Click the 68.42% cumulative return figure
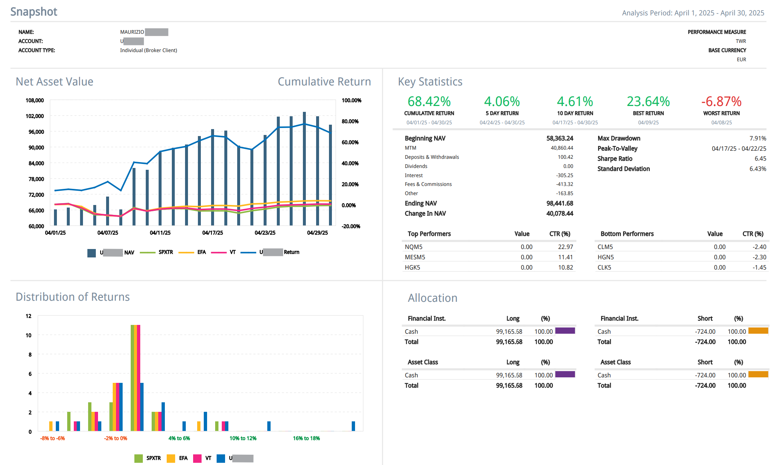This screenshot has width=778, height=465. pyautogui.click(x=429, y=102)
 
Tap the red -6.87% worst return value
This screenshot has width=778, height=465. pyautogui.click(x=721, y=102)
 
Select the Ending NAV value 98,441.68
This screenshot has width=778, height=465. pyautogui.click(x=560, y=203)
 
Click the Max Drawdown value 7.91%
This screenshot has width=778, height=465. pyautogui.click(x=757, y=138)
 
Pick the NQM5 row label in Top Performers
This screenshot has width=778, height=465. pyautogui.click(x=413, y=247)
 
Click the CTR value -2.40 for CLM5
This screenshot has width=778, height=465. pyautogui.click(x=759, y=247)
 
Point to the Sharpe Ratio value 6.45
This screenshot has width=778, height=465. pyautogui.click(x=760, y=158)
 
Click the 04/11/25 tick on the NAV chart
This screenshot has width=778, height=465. pyautogui.click(x=160, y=232)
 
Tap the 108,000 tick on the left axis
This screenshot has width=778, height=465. pyautogui.click(x=35, y=100)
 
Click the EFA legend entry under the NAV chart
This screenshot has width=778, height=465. pyautogui.click(x=201, y=252)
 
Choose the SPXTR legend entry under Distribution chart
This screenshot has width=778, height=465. pyautogui.click(x=153, y=458)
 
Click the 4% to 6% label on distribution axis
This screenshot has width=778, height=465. pyautogui.click(x=179, y=438)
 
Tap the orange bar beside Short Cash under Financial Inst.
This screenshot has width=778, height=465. pyautogui.click(x=758, y=331)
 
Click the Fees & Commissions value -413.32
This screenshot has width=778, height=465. pyautogui.click(x=564, y=184)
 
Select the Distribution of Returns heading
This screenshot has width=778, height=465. pyautogui.click(x=73, y=297)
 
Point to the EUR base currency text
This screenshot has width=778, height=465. pyautogui.click(x=741, y=59)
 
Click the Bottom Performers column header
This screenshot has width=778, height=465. pyautogui.click(x=627, y=234)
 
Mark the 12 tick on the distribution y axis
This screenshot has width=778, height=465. pyautogui.click(x=29, y=316)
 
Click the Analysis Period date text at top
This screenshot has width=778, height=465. pyautogui.click(x=693, y=13)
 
